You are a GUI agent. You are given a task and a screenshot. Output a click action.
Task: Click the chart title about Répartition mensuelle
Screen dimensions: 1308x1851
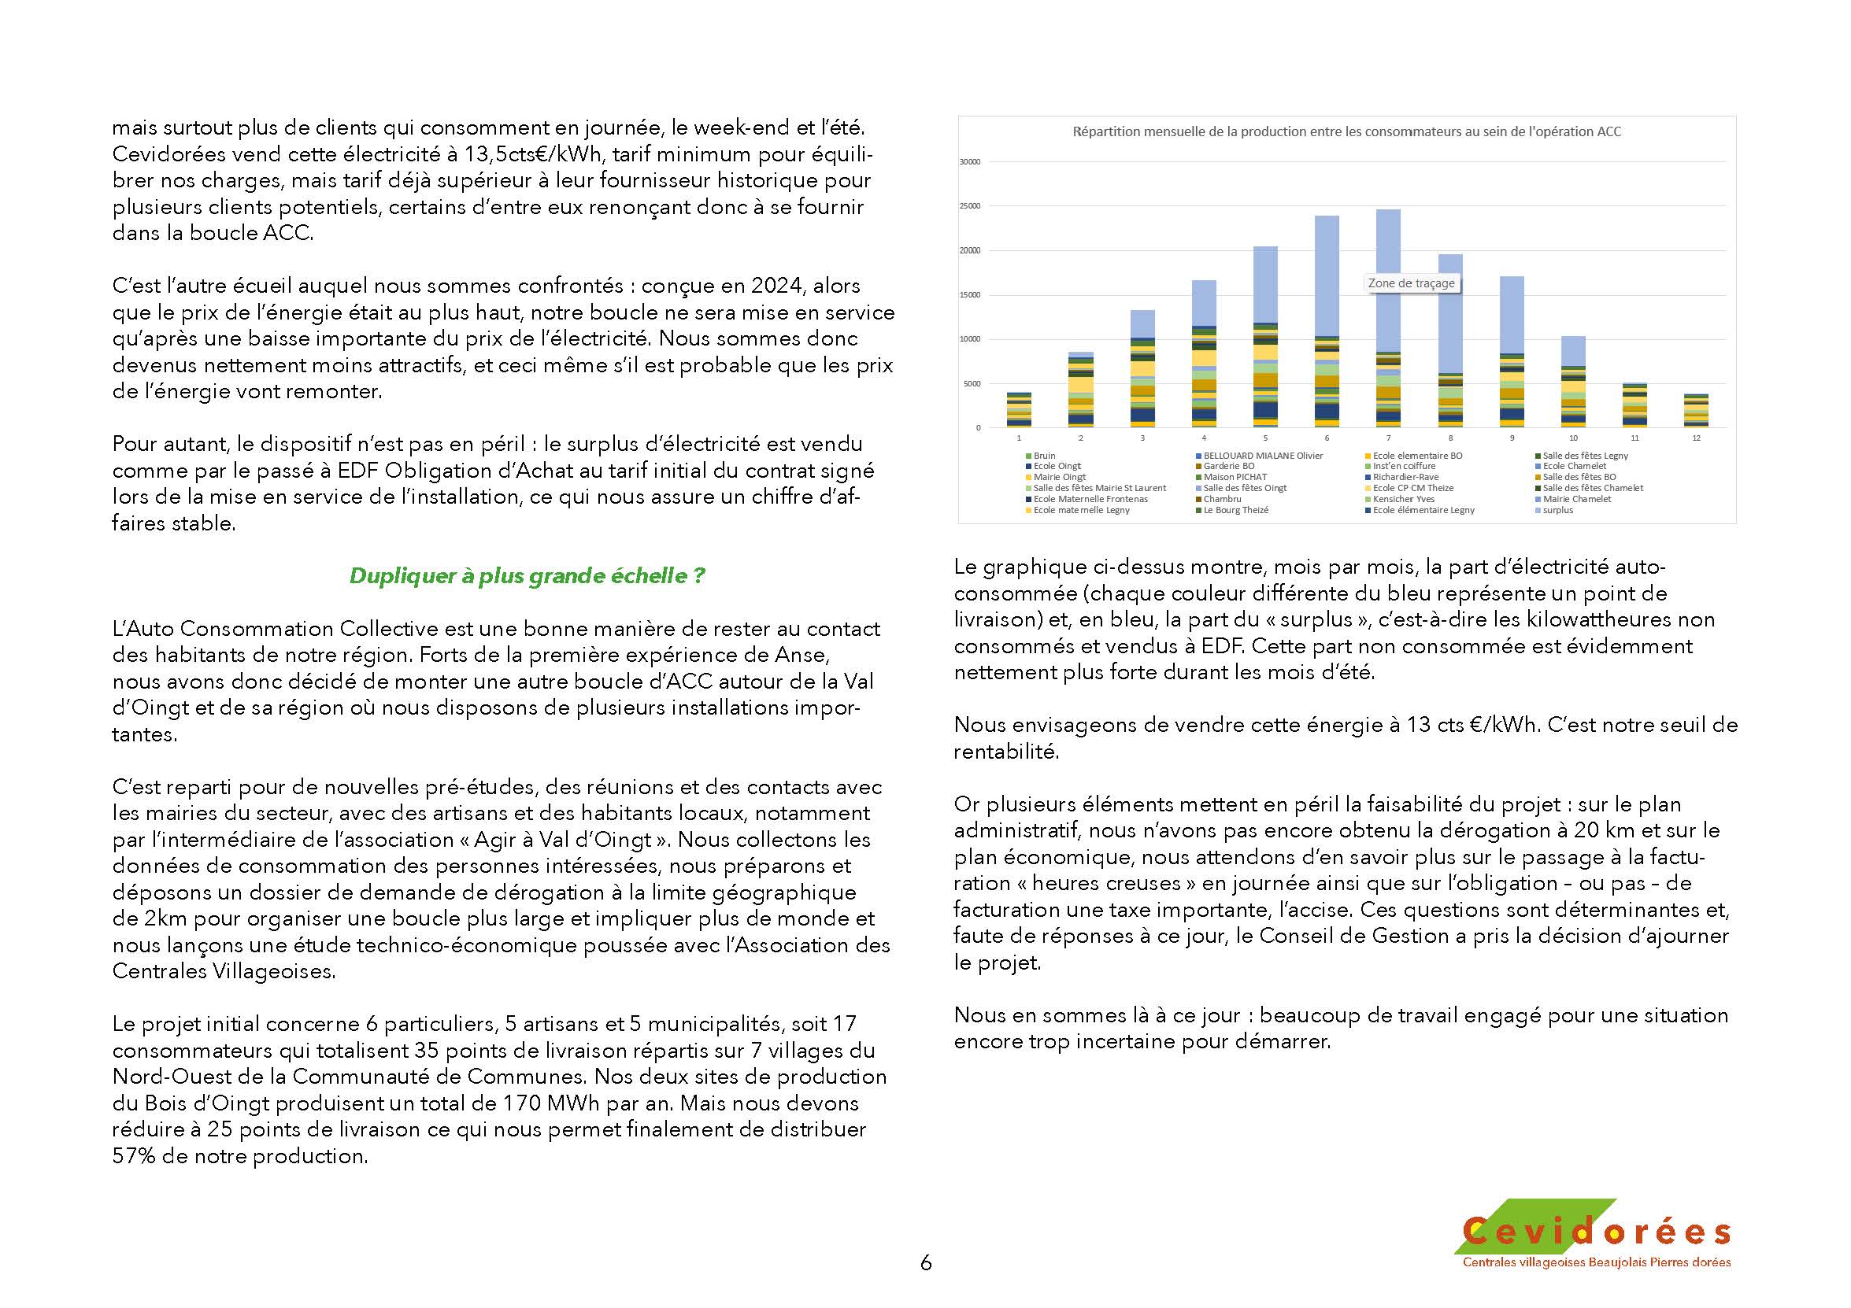pos(1346,131)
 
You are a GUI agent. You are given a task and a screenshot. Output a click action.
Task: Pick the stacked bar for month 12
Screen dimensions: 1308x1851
pos(1696,412)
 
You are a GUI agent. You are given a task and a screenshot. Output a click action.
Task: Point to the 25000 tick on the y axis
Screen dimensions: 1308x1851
pos(970,206)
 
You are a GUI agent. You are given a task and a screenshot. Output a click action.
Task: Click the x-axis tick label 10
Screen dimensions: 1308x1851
pos(1573,438)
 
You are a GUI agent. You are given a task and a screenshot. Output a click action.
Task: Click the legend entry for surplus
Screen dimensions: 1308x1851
pos(1557,510)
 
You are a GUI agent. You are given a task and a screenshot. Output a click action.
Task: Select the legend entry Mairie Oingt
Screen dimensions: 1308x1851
pos(1059,477)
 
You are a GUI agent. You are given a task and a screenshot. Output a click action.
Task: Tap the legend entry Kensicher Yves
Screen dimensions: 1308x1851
pos(1404,499)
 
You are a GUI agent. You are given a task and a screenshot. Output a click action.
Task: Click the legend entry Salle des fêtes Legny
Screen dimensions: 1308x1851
pos(1585,456)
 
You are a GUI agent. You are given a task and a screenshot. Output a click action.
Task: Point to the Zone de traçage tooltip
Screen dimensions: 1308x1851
pos(1411,283)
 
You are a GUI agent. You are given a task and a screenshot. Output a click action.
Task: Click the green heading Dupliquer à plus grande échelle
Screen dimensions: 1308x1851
pos(527,576)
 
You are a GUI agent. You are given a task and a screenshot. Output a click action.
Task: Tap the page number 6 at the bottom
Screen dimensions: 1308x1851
pos(926,1263)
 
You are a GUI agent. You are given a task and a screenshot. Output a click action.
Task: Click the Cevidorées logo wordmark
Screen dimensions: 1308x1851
pos(1596,1232)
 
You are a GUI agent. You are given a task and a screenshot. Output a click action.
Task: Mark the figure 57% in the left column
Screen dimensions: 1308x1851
pos(134,1156)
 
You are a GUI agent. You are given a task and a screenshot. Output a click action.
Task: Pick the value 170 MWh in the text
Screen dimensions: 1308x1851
pos(547,1103)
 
